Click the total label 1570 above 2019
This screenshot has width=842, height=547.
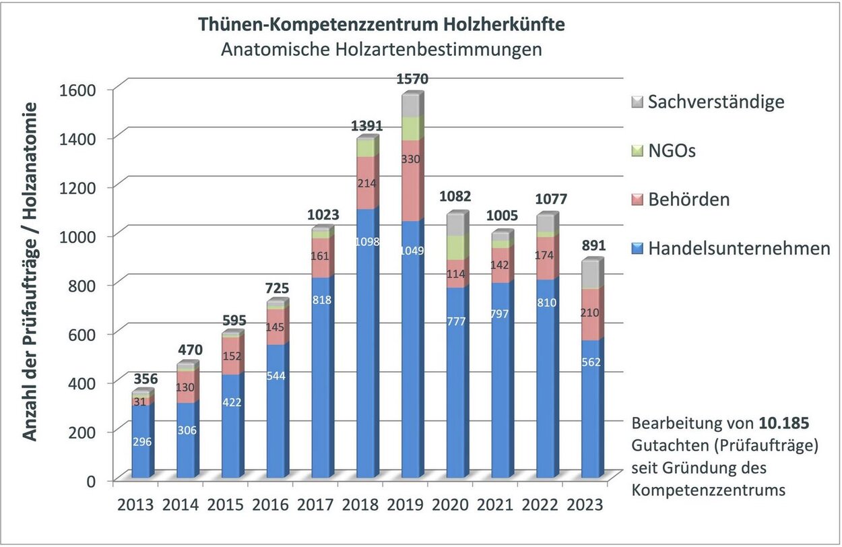point(412,79)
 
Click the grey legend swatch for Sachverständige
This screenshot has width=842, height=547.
point(637,102)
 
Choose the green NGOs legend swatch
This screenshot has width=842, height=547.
point(637,152)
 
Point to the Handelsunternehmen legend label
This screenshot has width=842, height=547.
point(739,249)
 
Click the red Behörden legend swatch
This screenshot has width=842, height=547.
point(637,200)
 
